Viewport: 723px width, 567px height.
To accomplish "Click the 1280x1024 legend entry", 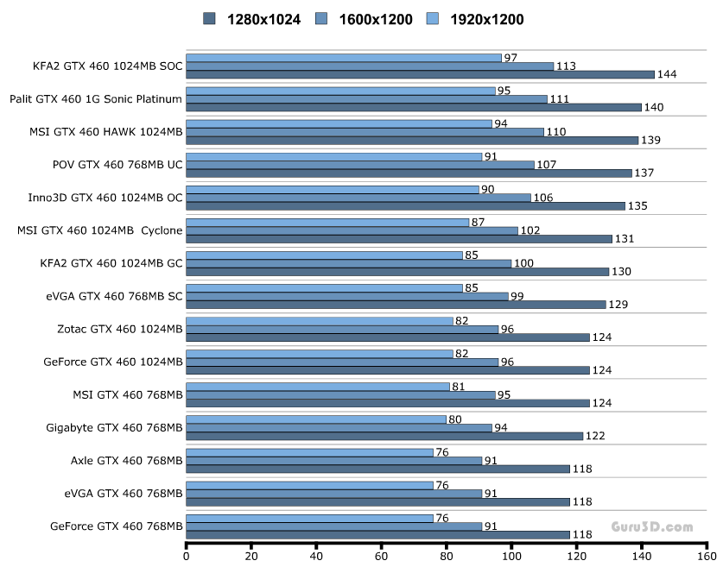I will [x=251, y=19].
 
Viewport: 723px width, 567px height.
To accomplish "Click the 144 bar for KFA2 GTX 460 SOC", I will [x=420, y=75].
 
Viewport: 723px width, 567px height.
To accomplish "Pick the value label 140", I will [x=653, y=107].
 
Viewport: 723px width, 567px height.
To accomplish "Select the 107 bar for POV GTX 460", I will [x=359, y=165].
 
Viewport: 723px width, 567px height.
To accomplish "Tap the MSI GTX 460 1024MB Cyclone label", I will [x=99, y=230].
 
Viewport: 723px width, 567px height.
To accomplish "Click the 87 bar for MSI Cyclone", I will [x=327, y=223].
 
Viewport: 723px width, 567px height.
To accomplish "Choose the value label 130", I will [x=620, y=271].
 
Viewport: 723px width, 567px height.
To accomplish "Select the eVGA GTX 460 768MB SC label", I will [x=114, y=295].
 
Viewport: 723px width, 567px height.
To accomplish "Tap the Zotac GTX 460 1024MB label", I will [x=119, y=328].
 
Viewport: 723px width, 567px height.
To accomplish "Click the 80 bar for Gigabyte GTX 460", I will [x=316, y=419].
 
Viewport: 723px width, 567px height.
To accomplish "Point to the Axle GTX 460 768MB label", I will [x=126, y=460].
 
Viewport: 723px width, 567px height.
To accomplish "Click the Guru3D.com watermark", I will [x=652, y=526].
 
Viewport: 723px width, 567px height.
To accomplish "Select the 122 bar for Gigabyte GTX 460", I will [x=384, y=436].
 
